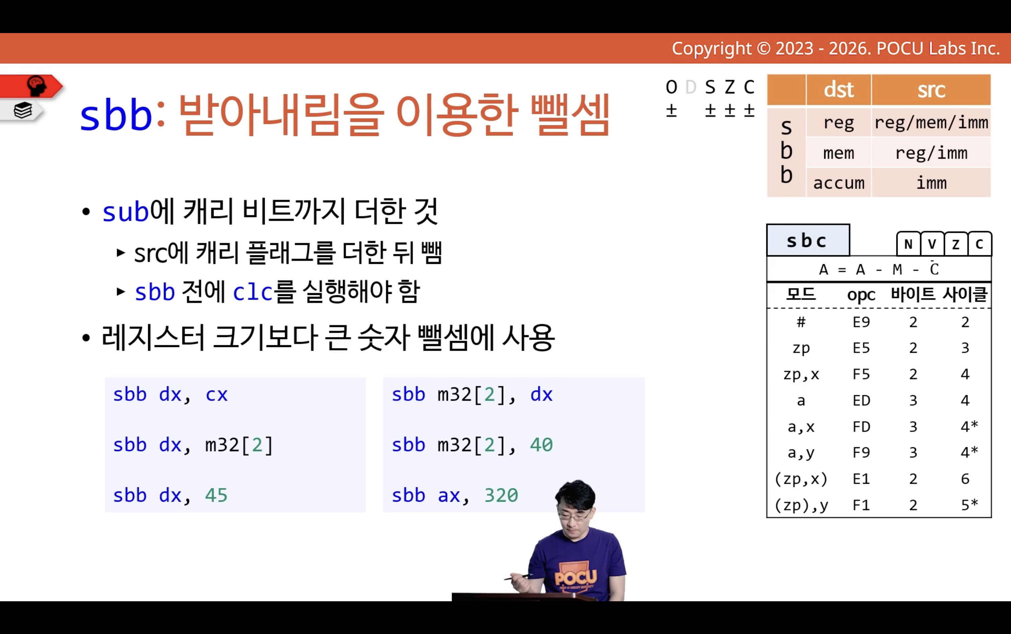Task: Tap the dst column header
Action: tap(838, 90)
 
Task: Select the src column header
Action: tap(931, 90)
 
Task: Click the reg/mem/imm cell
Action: tap(931, 123)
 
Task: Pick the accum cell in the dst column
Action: tap(838, 183)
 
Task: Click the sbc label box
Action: tap(808, 240)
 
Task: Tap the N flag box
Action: tap(908, 244)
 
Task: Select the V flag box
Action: tap(932, 244)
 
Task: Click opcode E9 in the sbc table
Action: tap(861, 322)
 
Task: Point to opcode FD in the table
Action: tap(861, 427)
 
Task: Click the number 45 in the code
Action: tap(216, 495)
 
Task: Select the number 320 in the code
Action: tap(501, 495)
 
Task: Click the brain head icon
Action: tap(36, 86)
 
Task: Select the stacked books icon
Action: tap(23, 111)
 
